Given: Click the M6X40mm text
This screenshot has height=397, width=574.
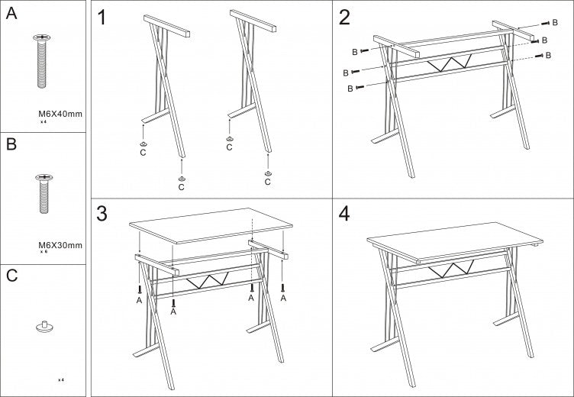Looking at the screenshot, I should pos(60,114).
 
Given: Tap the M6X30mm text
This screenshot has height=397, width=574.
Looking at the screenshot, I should pos(60,245).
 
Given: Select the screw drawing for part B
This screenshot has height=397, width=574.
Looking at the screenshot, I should pos(44,195).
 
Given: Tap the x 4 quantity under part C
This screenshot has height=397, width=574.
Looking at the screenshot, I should pos(61,379).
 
